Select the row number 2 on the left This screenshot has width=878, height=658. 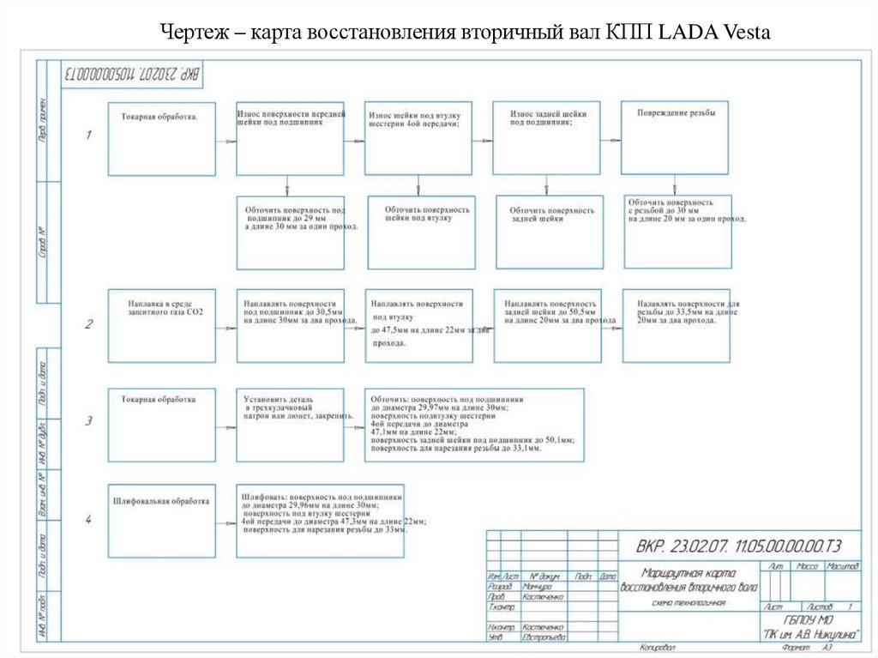click(88, 324)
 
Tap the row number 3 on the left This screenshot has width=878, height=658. click(88, 421)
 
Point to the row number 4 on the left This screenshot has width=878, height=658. click(88, 519)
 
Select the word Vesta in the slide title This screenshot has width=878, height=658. click(743, 33)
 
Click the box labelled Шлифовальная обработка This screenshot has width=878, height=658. click(161, 520)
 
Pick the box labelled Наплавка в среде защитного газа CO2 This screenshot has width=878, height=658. click(161, 325)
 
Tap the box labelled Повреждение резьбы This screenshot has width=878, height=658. click(675, 137)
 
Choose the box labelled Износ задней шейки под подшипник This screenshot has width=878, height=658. click(546, 138)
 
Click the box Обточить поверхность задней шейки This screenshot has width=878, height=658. click(550, 232)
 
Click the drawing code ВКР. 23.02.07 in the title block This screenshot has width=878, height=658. click(738, 546)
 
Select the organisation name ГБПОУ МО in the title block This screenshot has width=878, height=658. click(811, 620)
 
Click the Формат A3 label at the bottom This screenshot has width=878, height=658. click(809, 649)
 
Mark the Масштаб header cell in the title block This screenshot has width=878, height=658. click(843, 567)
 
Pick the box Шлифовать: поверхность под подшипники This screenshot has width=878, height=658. click(320, 520)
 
